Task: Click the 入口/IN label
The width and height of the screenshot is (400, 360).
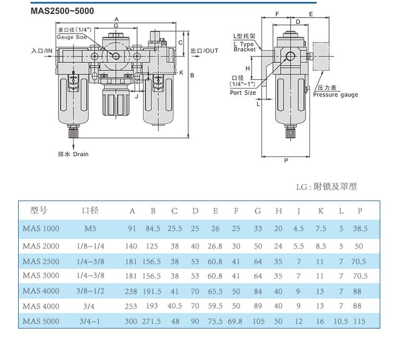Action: (43, 51)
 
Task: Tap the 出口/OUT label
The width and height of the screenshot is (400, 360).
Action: (204, 51)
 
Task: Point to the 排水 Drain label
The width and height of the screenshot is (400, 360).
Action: (73, 154)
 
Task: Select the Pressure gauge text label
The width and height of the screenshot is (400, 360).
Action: (335, 95)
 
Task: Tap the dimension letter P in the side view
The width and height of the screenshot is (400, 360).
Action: (286, 161)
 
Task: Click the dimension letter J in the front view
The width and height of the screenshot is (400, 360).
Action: (137, 97)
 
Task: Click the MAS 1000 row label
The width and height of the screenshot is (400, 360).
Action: (41, 228)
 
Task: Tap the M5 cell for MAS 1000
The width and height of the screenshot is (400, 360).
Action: (91, 228)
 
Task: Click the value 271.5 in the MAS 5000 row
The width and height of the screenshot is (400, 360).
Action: (153, 322)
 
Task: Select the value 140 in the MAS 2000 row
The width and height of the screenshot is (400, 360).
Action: (131, 246)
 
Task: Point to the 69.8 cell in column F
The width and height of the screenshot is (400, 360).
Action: (235, 322)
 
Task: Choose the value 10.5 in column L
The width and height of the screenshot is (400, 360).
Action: (340, 322)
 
